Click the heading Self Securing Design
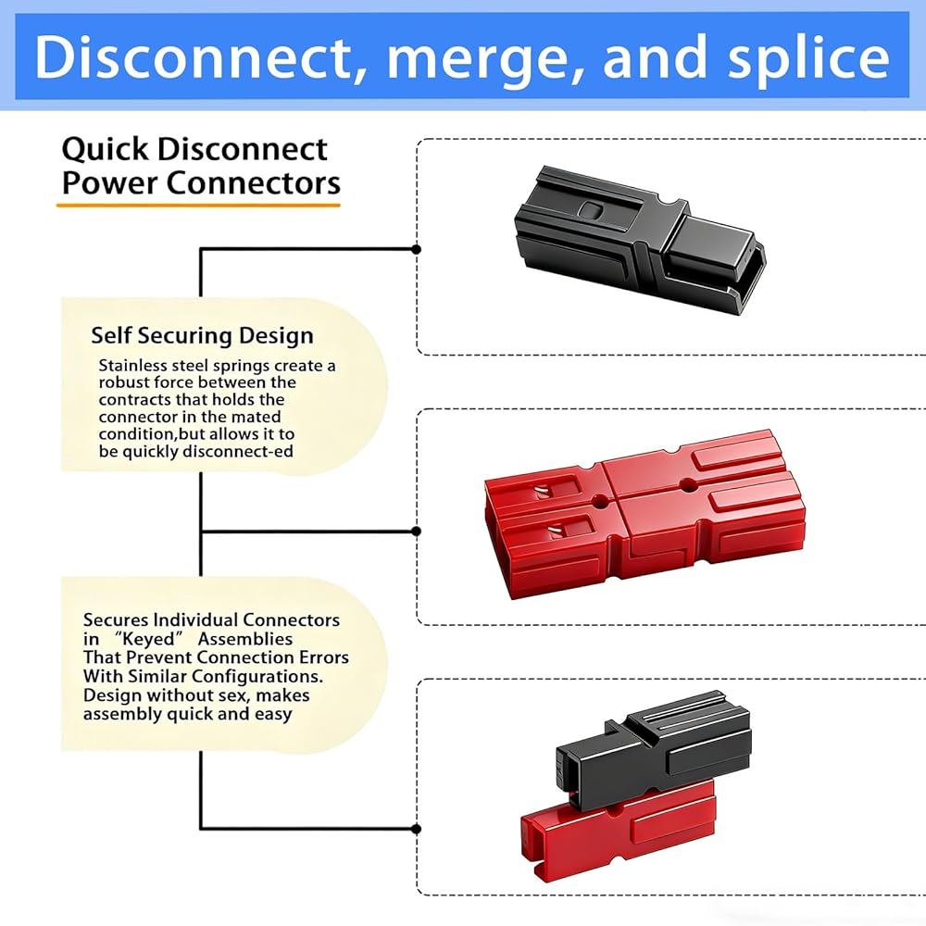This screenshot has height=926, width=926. (202, 335)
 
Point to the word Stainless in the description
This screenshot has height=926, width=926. (136, 366)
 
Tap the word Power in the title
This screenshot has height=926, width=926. (109, 182)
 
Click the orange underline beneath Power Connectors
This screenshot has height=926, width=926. (198, 202)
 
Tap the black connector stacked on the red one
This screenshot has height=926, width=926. (653, 750)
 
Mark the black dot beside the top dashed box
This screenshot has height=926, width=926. (416, 249)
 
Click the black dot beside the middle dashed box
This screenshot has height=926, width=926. (416, 531)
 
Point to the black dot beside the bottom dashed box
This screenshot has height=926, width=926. (416, 828)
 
